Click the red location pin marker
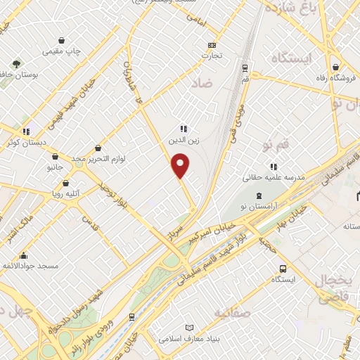181,166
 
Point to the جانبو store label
56,168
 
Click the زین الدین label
179,140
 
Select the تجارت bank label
212,55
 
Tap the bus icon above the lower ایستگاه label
282,269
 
